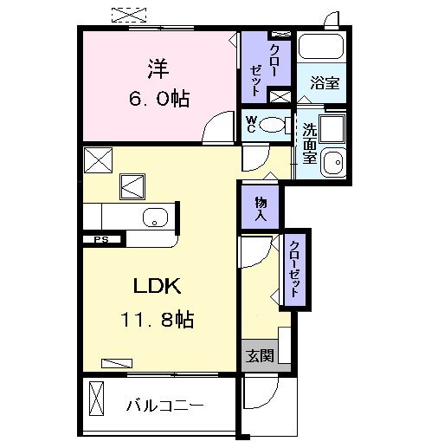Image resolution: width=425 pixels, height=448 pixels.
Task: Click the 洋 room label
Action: (x=157, y=66)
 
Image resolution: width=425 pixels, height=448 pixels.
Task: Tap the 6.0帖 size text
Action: (x=158, y=98)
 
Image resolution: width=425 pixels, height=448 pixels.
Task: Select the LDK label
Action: (x=157, y=287)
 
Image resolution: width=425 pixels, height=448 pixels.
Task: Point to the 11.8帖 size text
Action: (x=157, y=320)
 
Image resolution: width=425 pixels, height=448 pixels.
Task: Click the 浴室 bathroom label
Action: (x=325, y=83)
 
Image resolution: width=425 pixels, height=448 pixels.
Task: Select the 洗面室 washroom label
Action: (x=308, y=144)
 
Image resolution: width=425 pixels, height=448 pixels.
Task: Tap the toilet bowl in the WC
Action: (x=275, y=125)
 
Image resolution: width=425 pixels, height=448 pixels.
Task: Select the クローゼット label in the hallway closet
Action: (x=295, y=269)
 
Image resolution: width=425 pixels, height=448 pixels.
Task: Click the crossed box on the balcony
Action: (x=95, y=405)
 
